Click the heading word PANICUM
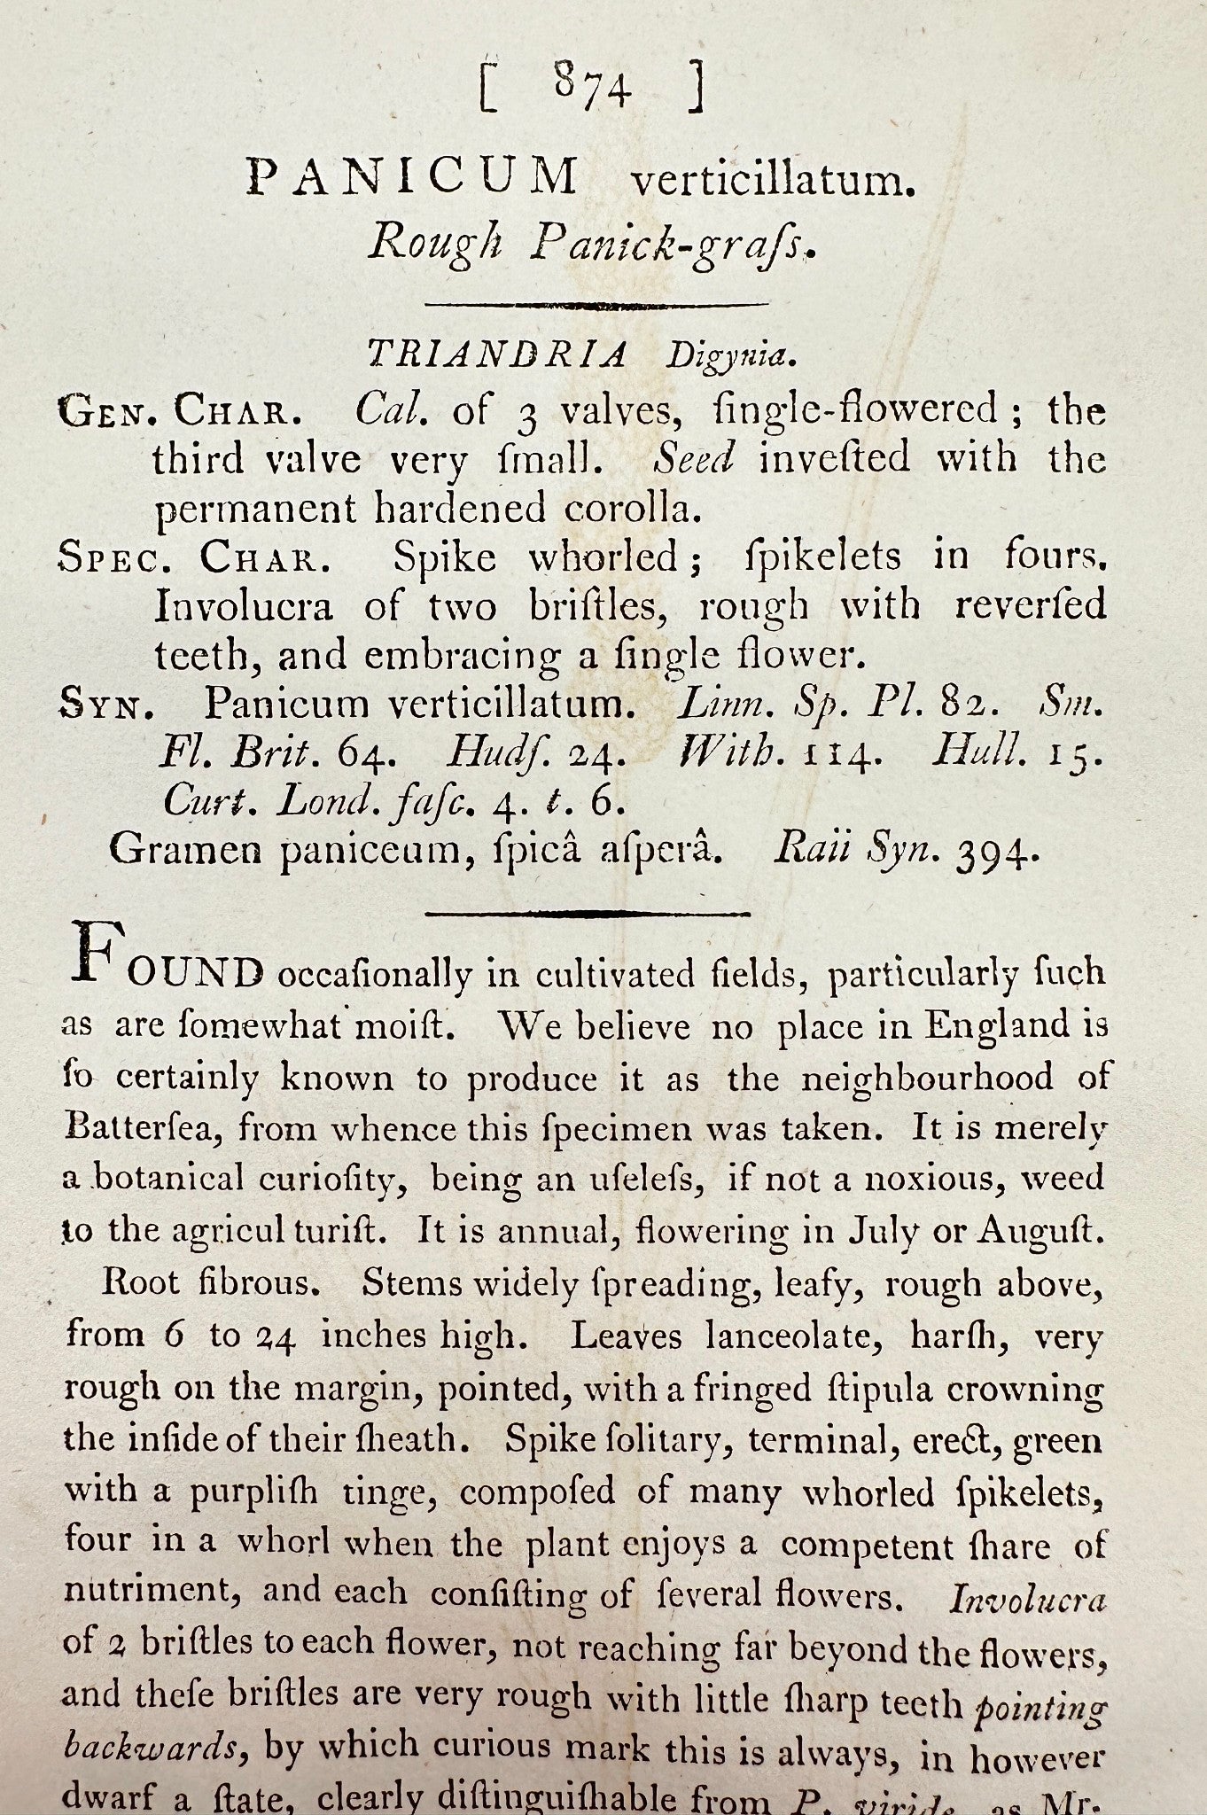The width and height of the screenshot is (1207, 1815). pos(412,176)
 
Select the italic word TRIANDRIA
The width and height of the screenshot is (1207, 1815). pos(497,354)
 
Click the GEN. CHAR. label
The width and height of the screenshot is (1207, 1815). pos(184,411)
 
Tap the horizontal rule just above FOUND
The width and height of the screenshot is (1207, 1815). pos(588,912)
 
